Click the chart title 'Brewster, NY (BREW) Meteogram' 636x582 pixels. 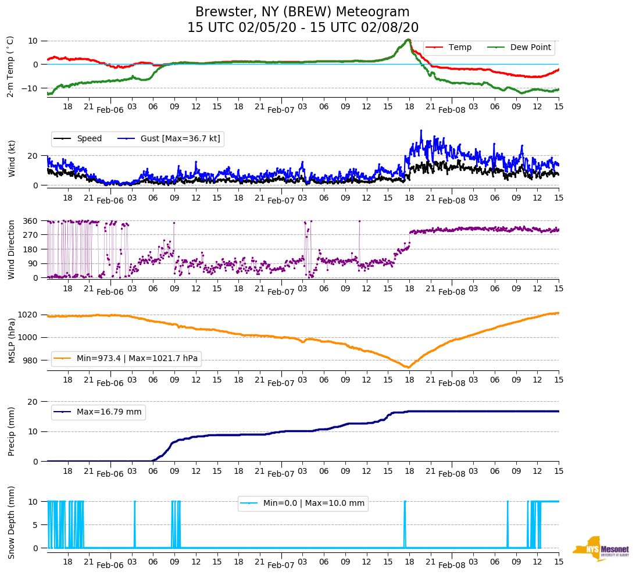click(302, 12)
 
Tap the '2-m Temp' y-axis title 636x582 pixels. click(10, 66)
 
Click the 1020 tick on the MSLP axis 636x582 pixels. click(30, 315)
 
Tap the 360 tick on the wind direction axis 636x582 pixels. click(31, 221)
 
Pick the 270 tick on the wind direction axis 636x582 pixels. click(31, 235)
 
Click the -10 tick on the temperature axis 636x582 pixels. click(31, 88)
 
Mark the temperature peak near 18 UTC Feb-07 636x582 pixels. click(409, 40)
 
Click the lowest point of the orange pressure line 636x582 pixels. click(408, 367)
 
